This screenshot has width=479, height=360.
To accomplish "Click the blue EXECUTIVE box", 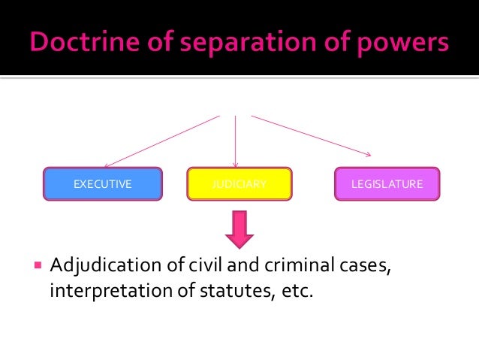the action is pos(102,184).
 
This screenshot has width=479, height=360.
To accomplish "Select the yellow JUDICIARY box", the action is pos(239,184).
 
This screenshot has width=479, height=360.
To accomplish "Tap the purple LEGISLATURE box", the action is pos(387,184).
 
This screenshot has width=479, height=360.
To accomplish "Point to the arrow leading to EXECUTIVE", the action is pos(161,141).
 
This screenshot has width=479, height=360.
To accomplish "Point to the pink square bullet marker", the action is pos(38,265).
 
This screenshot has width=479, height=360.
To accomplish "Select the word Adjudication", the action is pos(104,266).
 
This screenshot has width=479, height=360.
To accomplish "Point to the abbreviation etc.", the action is pos(292,291).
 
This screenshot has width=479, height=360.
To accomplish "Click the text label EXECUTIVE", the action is pos(102,184).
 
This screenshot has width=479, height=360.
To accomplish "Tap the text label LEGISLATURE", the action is pos(387,184).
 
